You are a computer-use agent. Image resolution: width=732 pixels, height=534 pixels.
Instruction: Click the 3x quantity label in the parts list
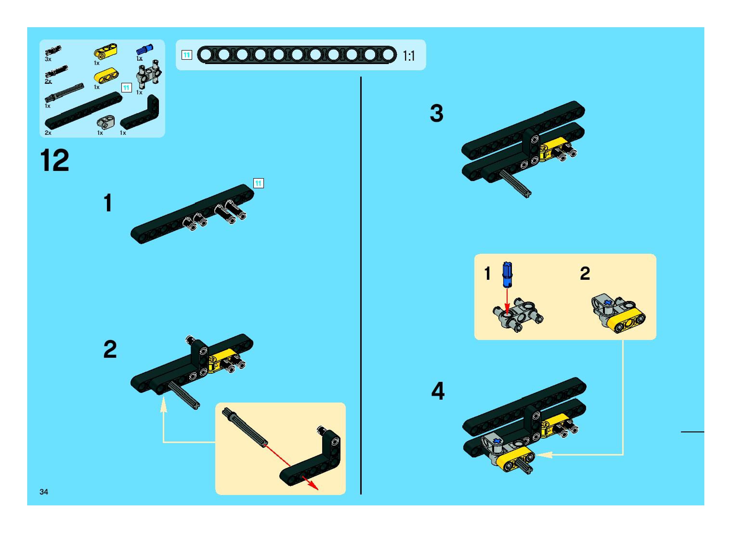48,59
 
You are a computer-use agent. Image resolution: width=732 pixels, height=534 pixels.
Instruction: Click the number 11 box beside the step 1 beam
258,183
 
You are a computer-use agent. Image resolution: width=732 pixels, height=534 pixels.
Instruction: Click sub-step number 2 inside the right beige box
585,274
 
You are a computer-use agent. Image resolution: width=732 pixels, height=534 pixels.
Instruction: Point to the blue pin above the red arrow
507,274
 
